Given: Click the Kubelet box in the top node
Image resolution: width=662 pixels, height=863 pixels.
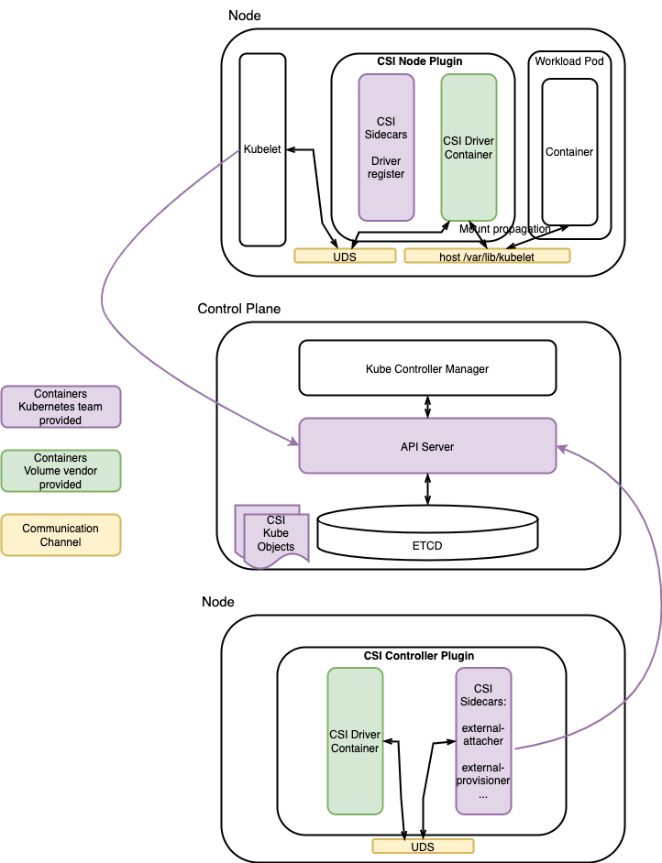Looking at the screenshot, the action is click(262, 149).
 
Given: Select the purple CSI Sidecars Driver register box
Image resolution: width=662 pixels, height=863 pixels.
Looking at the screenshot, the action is click(386, 147).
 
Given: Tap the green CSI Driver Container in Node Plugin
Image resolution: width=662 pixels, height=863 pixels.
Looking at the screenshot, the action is click(469, 147).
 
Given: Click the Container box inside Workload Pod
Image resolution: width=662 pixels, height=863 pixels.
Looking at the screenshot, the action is click(569, 152).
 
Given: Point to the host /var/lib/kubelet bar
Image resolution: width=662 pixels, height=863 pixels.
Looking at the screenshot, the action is click(487, 256).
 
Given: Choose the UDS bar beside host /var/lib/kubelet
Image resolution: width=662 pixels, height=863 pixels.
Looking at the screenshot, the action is click(345, 256).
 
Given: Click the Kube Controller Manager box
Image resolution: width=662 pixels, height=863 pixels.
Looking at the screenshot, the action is click(427, 368).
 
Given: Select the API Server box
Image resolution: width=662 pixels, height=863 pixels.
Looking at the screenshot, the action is click(427, 446).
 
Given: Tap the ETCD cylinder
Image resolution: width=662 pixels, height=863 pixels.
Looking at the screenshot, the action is click(427, 533).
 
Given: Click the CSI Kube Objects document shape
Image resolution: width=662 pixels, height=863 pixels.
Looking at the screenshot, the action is click(272, 536).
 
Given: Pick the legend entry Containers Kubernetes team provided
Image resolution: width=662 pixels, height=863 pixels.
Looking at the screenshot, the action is click(61, 407).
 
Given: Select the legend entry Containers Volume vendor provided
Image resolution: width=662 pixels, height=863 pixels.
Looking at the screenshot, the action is click(61, 471).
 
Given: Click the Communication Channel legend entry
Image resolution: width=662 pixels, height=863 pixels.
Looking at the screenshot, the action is click(61, 535).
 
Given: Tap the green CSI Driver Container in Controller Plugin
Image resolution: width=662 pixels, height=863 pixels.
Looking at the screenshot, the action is click(355, 741).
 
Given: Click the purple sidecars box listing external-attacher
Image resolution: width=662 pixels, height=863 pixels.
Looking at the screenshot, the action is click(483, 741).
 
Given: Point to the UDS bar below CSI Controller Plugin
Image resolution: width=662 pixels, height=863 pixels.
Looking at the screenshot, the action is click(423, 847).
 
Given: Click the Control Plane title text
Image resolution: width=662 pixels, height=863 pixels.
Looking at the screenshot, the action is click(239, 309).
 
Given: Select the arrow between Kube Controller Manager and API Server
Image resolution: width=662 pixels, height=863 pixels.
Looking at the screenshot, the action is click(427, 407).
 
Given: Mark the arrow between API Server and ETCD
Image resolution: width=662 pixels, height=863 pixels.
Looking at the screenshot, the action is click(427, 489).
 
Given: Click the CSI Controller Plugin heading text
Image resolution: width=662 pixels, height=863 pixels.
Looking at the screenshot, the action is click(419, 656).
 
